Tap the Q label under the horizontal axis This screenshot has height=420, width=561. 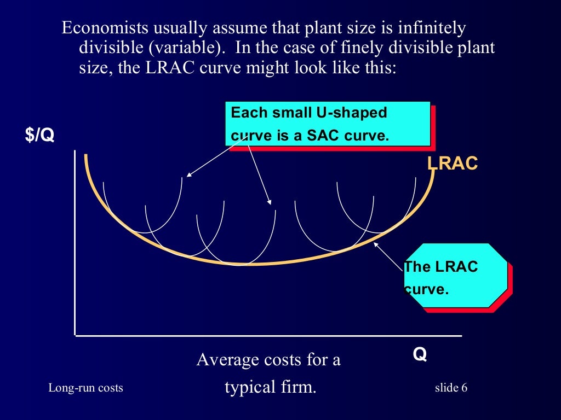point(420,355)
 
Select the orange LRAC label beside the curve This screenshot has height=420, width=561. point(453,163)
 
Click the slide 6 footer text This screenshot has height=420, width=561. point(451,388)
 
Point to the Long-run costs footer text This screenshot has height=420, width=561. point(85,388)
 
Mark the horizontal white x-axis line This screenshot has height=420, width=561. point(268,335)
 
